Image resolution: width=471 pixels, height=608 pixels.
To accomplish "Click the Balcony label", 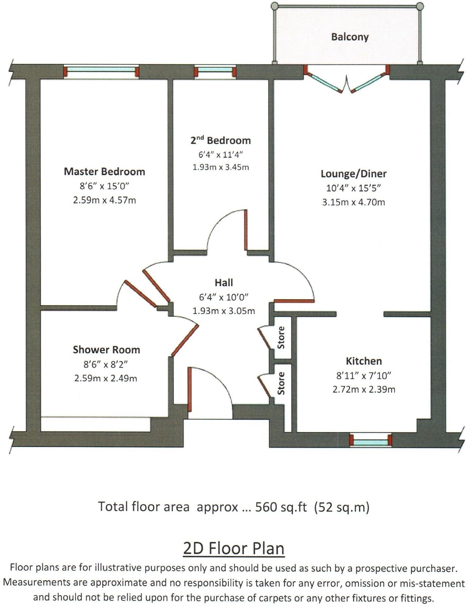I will tap(350, 37).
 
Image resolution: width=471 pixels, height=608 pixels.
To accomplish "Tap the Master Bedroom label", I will tap(104, 172).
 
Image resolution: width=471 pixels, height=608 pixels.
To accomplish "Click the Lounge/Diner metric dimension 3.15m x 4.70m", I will tap(354, 202).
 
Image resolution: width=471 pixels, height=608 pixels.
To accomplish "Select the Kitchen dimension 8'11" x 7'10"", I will tap(364, 375).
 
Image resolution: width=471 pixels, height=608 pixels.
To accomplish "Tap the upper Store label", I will tap(281, 338).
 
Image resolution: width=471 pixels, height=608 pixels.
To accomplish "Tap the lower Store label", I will tap(281, 383).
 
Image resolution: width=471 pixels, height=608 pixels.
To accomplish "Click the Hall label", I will tap(224, 282).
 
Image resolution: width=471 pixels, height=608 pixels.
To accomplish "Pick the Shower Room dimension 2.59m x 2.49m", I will tap(106, 378).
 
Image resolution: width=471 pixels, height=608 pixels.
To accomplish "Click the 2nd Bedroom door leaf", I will tap(245, 230).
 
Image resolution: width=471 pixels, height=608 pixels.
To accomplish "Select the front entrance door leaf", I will tap(190, 389).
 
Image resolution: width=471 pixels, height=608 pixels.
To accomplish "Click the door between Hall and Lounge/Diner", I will tap(294, 301).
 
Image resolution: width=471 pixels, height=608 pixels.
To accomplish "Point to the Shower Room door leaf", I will tap(185, 340).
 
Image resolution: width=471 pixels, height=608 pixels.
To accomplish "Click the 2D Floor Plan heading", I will tap(234, 549).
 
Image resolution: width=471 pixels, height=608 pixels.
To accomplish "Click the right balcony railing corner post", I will tap(420, 6).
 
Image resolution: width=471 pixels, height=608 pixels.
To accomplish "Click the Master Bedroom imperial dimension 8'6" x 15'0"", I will tap(104, 186).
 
